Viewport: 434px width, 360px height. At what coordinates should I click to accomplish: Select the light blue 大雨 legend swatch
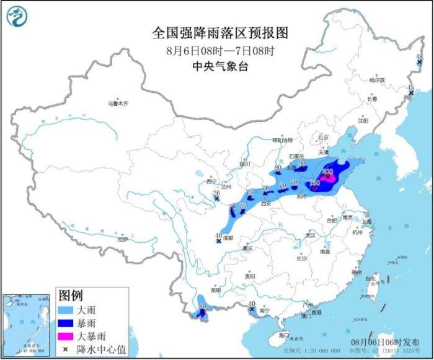click(69, 308)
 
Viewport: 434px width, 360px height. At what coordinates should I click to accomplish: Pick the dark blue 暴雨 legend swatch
click(69, 322)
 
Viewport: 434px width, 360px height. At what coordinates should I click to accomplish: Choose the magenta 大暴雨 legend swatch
click(69, 336)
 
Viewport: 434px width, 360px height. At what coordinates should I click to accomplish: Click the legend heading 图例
click(69, 293)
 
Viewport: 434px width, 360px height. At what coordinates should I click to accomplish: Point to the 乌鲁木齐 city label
click(118, 103)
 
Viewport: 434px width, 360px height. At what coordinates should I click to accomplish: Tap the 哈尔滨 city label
click(377, 80)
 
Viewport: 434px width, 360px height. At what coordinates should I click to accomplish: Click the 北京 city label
click(322, 138)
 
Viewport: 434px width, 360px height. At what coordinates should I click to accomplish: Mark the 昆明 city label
click(215, 289)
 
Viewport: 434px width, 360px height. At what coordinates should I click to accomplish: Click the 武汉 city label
click(311, 235)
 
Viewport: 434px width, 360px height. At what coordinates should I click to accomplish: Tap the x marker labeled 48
click(419, 63)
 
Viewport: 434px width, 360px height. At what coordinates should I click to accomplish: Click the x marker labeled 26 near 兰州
click(216, 199)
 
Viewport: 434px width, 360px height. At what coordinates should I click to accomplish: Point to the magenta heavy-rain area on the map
click(331, 178)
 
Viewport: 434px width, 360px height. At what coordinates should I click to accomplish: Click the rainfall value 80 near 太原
click(278, 167)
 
